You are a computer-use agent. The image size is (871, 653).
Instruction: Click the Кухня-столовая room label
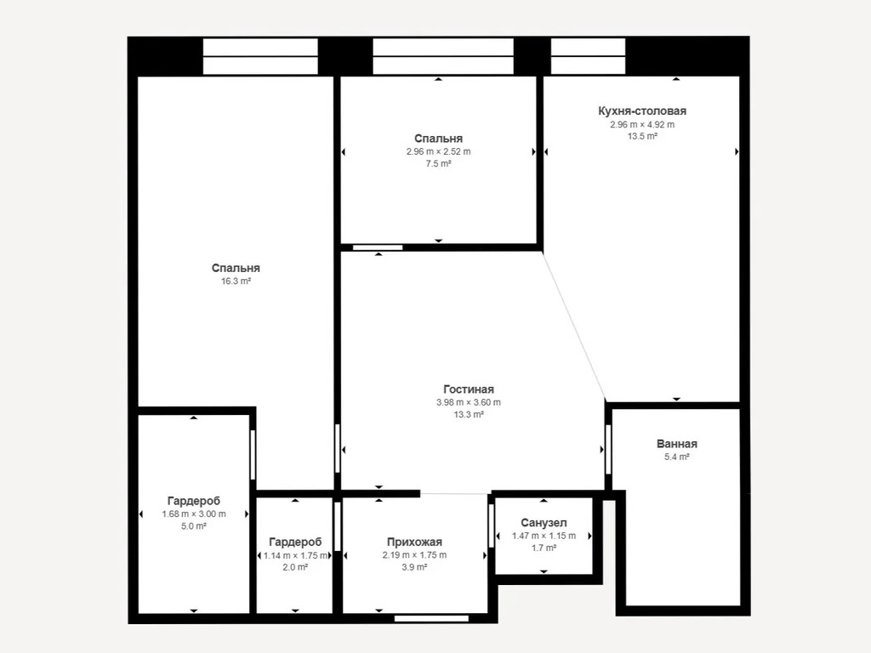tap(641, 111)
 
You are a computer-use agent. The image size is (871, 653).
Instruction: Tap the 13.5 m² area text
tap(641, 136)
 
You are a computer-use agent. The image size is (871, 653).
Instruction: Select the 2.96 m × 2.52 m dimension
tap(438, 151)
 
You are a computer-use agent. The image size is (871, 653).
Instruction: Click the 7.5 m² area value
tap(438, 164)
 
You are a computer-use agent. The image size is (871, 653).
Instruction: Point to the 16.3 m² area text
tap(236, 281)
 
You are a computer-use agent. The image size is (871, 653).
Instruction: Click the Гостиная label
tap(468, 389)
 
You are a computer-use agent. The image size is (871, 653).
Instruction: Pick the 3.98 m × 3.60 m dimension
tap(468, 402)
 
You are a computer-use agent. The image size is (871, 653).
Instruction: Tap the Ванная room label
tap(676, 444)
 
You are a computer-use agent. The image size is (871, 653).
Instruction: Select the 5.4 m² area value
tap(676, 457)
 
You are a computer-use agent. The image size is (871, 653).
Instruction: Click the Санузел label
tap(544, 523)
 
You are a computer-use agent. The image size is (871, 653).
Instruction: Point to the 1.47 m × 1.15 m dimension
tap(544, 536)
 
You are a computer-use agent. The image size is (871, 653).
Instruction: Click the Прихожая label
tap(414, 542)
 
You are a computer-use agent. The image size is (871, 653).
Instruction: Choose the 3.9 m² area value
tap(414, 567)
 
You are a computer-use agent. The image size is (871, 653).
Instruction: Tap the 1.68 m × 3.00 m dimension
tap(194, 514)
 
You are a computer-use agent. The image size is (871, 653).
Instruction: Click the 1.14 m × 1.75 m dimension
tap(295, 554)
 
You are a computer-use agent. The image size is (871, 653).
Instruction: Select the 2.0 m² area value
tap(295, 567)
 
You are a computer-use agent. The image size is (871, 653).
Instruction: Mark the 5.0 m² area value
tap(194, 526)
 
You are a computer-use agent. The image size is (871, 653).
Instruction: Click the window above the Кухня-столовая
tap(588, 56)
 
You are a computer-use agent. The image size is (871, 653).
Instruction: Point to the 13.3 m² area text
tap(468, 415)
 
